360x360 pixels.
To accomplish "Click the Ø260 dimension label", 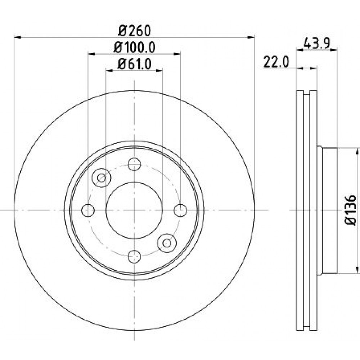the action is tap(135, 31).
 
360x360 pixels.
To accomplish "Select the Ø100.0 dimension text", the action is tap(135, 48).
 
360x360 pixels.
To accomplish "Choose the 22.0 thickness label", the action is tap(276, 62).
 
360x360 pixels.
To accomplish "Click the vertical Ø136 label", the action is tap(350, 210).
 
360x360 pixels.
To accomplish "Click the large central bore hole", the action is tap(134, 210).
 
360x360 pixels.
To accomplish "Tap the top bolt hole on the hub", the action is tap(134, 164).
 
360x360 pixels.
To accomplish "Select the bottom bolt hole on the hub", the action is tap(134, 256).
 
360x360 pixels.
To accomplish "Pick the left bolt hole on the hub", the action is tap(88, 210).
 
